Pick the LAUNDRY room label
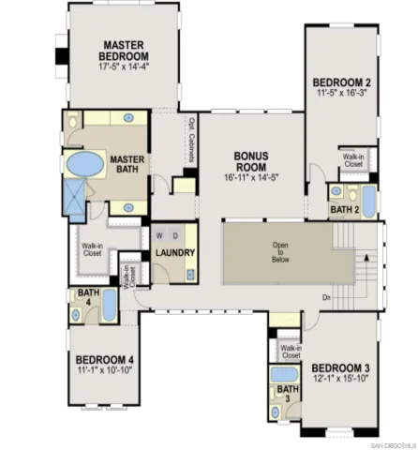(175, 253)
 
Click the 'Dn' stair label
(325, 297)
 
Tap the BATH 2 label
(344, 210)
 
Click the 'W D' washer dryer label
(167, 234)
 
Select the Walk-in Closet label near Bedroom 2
(353, 160)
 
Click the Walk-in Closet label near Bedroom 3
(290, 352)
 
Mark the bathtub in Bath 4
(110, 306)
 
